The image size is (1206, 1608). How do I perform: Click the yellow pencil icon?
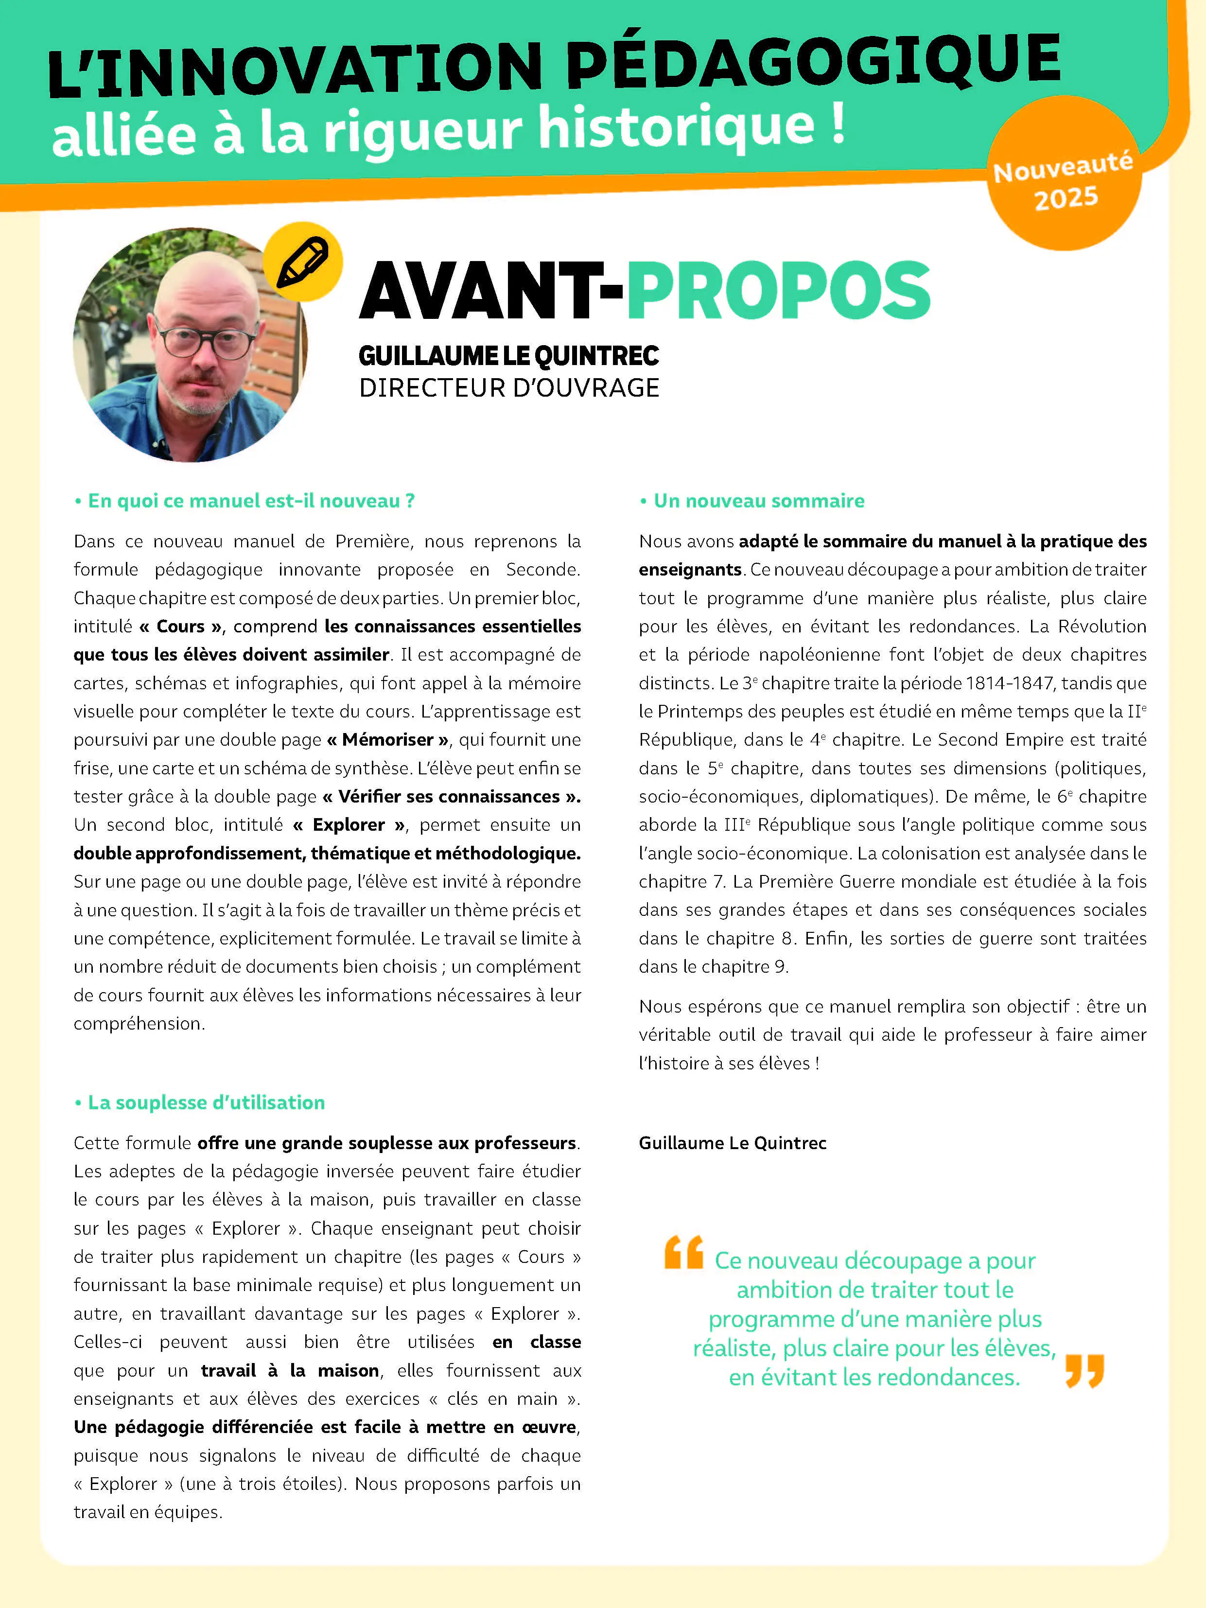302,262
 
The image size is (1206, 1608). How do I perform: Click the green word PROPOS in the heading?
778,291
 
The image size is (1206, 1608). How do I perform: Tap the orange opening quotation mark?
683,1252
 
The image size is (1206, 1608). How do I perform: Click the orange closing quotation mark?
1084,1371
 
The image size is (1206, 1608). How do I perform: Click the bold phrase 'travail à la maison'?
290,1371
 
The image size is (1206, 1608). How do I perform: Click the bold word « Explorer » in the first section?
349,825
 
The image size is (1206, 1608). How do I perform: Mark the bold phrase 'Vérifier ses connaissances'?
451,797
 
